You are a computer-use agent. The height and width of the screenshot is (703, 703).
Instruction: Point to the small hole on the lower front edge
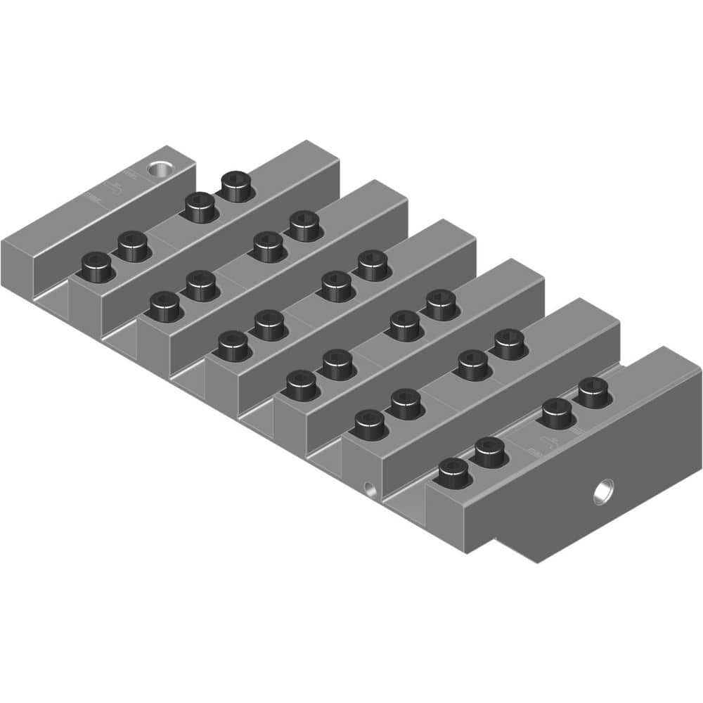click(368, 486)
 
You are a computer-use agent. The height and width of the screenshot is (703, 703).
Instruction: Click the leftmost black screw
click(97, 267)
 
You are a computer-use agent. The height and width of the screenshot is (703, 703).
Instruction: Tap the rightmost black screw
click(593, 392)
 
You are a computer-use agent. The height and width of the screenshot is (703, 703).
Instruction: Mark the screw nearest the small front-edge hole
click(370, 425)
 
